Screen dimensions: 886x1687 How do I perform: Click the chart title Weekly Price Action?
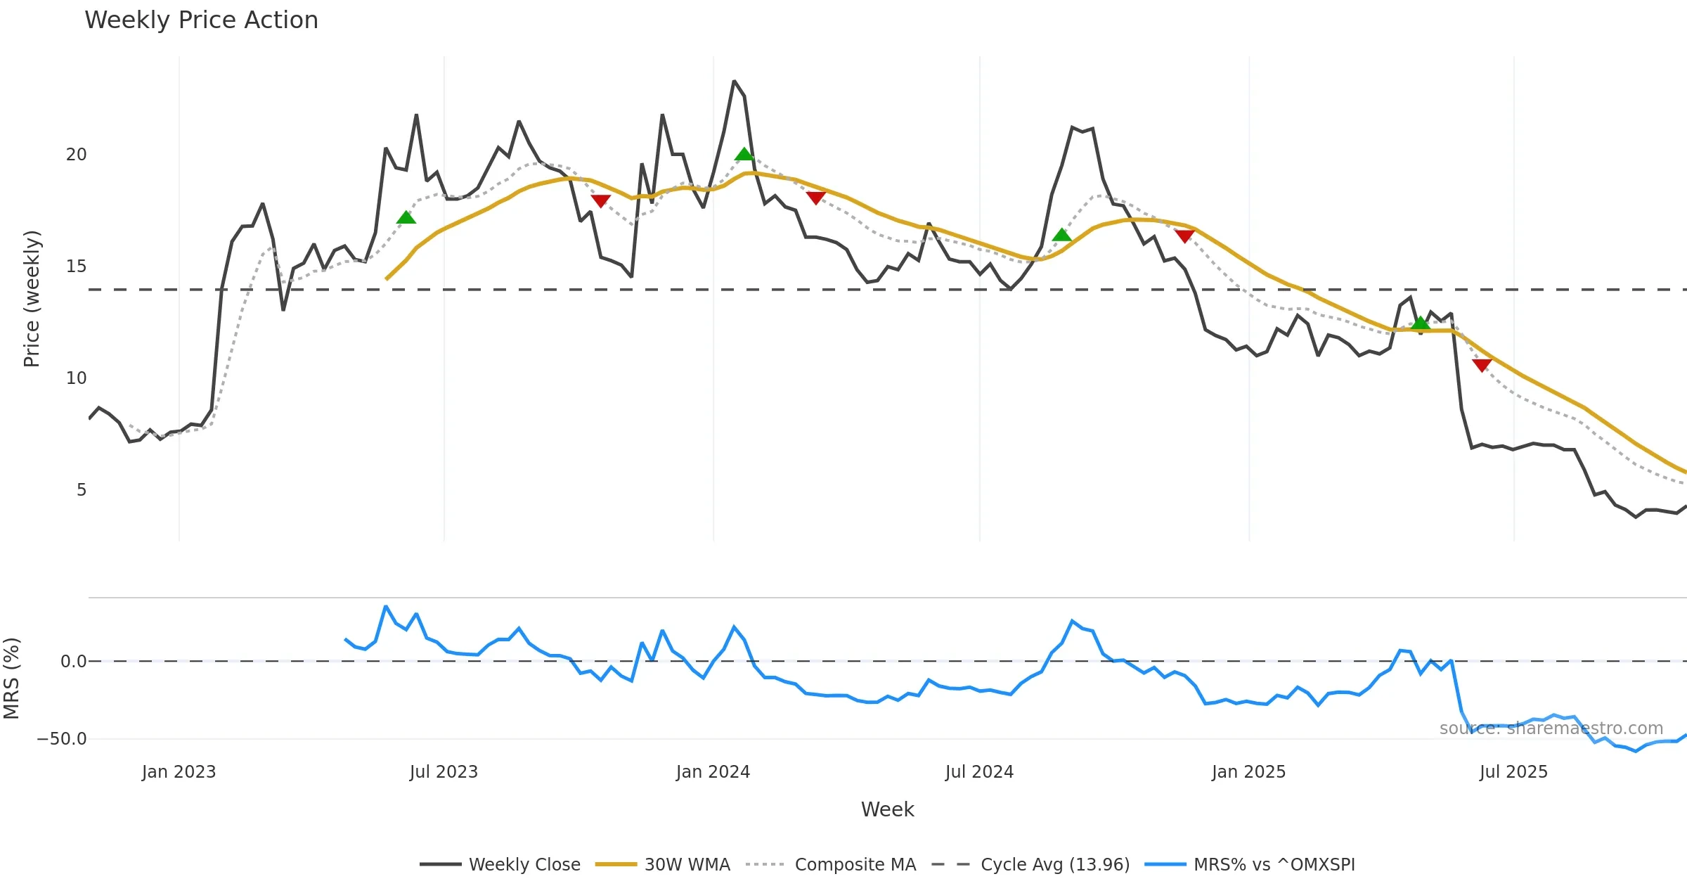click(x=201, y=20)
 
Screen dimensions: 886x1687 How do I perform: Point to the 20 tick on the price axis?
click(x=76, y=155)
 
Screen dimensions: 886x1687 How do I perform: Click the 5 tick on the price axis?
click(x=82, y=490)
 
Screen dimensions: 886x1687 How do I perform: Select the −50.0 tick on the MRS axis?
click(x=62, y=739)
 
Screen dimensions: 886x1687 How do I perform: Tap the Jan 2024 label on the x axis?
click(x=713, y=772)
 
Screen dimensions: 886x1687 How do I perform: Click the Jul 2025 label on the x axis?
click(x=1513, y=772)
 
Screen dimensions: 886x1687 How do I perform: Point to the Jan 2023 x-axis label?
click(x=179, y=772)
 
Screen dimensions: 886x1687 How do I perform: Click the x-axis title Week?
click(x=887, y=810)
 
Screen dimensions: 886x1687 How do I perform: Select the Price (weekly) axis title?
click(x=32, y=299)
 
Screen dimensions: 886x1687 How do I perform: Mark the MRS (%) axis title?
click(x=12, y=679)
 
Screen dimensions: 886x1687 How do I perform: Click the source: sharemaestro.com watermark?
click(x=1551, y=728)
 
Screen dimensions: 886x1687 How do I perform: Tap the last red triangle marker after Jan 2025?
click(x=1482, y=365)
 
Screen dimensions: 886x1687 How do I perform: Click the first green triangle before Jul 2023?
click(x=406, y=218)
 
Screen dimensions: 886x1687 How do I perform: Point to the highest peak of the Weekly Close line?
click(x=734, y=82)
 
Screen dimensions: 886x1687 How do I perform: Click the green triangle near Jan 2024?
click(x=744, y=154)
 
